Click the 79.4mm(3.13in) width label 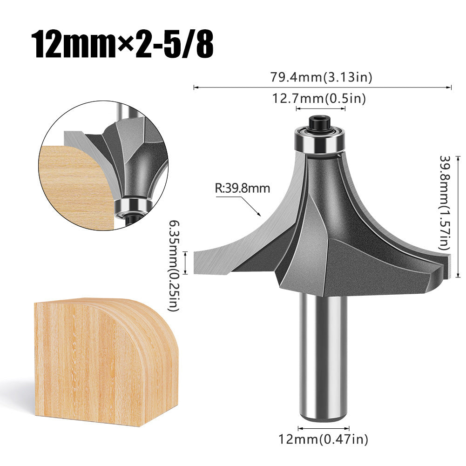(321, 77)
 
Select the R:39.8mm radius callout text (242, 189)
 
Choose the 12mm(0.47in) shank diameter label (323, 438)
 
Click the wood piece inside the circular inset (74, 186)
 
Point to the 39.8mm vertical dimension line (458, 216)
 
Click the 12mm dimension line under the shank (323, 428)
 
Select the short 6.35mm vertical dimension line (186, 263)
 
